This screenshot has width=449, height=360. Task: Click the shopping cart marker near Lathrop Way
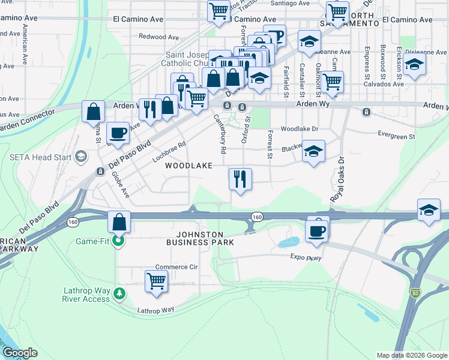pos(156,280)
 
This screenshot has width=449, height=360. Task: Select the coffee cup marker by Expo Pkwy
pos(317,230)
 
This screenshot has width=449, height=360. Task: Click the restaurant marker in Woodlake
pos(240,178)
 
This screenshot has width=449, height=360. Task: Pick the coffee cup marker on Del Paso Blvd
pos(117,132)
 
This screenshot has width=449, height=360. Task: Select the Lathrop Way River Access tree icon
pos(121,293)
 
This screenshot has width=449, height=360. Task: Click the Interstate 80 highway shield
pos(416,293)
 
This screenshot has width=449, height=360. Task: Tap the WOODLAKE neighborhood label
pos(189,166)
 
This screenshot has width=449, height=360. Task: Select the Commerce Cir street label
pos(176,267)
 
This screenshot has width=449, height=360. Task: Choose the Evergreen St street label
pos(396,137)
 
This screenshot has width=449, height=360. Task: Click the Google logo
pos(20,353)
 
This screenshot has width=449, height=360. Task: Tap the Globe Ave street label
pos(121,184)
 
